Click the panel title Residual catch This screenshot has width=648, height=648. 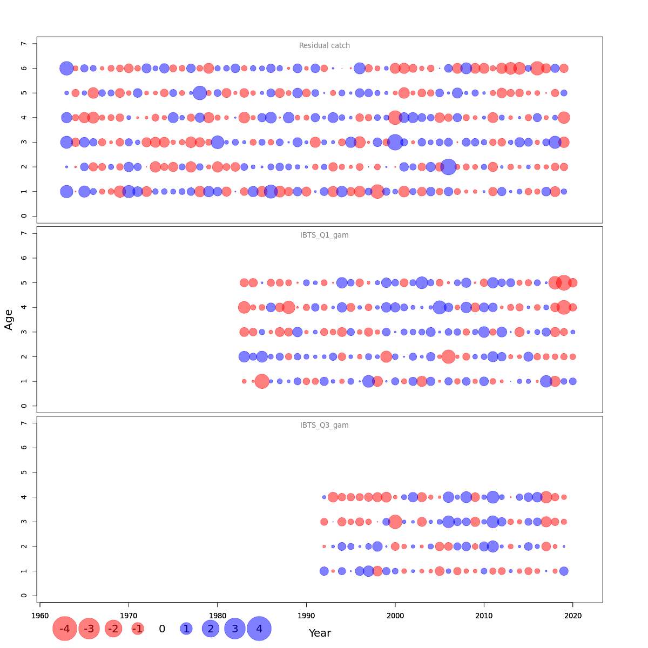pyautogui.click(x=325, y=46)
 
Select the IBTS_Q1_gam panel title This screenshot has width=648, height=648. pyautogui.click(x=325, y=235)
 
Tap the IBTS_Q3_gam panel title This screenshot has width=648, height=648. pyautogui.click(x=325, y=426)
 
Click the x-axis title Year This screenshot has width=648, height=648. pyautogui.click(x=320, y=633)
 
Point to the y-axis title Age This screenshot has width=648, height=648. pyautogui.click(x=9, y=319)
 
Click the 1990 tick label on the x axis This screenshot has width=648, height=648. pyautogui.click(x=306, y=616)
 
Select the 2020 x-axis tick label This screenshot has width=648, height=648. pyautogui.click(x=572, y=616)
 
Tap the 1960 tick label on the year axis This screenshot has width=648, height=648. pyautogui.click(x=40, y=616)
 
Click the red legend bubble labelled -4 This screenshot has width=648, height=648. pyautogui.click(x=65, y=629)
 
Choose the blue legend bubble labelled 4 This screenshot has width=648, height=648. pyautogui.click(x=259, y=629)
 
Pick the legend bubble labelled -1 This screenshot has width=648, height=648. pyautogui.click(x=138, y=629)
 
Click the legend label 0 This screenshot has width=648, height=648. pyautogui.click(x=162, y=629)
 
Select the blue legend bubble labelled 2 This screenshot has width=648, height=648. pyautogui.click(x=211, y=629)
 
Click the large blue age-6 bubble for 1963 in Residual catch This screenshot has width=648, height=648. pyautogui.click(x=66, y=68)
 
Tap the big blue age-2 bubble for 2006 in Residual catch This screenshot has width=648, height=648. pyautogui.click(x=448, y=167)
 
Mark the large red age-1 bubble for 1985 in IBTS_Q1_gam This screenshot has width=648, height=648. pyautogui.click(x=262, y=381)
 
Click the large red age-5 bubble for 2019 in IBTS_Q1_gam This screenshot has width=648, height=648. pyautogui.click(x=564, y=282)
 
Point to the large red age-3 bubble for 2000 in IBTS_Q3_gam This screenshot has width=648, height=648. pyautogui.click(x=395, y=522)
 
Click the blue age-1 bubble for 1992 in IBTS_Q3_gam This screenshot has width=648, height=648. pyautogui.click(x=324, y=571)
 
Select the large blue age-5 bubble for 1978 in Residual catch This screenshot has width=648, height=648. pyautogui.click(x=200, y=93)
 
